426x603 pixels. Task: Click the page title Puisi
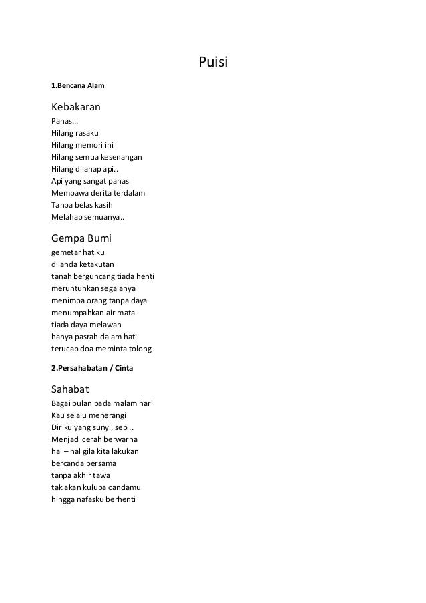214,63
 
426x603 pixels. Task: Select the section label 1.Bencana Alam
78,86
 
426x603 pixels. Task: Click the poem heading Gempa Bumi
81,238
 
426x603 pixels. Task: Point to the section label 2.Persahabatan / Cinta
92,368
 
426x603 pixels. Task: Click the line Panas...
64,122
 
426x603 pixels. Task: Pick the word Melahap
67,218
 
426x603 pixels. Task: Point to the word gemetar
65,252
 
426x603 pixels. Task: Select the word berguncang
98,276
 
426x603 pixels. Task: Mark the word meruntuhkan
75,288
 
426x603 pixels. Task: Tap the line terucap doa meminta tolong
101,349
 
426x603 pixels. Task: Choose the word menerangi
107,415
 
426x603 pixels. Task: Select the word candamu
121,487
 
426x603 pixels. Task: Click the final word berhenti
118,499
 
